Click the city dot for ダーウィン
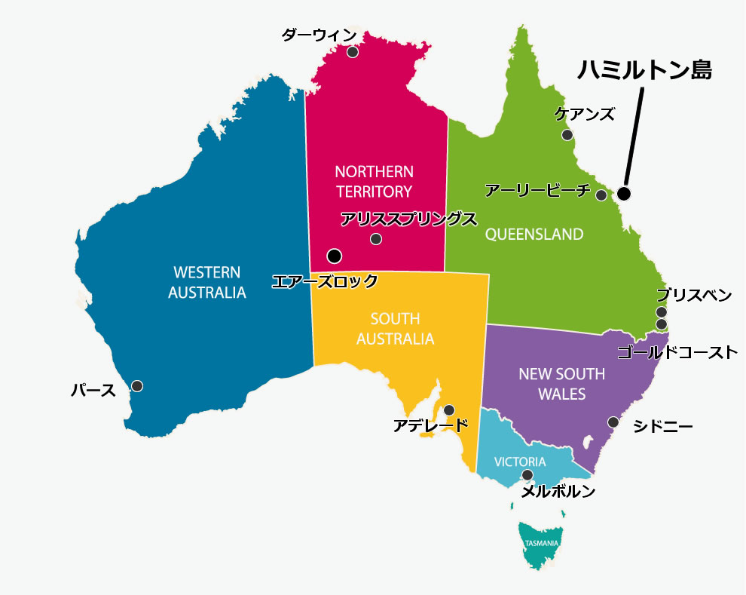(x=352, y=52)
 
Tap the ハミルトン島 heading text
(x=644, y=70)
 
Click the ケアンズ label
(x=585, y=114)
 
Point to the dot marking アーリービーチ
(x=601, y=195)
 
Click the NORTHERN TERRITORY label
(x=375, y=181)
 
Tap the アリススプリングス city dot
(x=376, y=239)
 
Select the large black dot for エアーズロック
(x=335, y=256)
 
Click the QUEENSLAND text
(x=534, y=234)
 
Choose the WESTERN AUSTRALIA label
(x=206, y=282)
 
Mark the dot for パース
(x=137, y=386)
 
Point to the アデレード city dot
(x=449, y=410)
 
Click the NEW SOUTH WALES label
(x=562, y=383)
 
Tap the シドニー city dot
(x=613, y=422)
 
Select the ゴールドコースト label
(x=677, y=352)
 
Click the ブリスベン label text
(x=693, y=295)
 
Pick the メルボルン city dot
(x=527, y=475)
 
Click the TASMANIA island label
(x=541, y=543)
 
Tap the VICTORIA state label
(x=520, y=462)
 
